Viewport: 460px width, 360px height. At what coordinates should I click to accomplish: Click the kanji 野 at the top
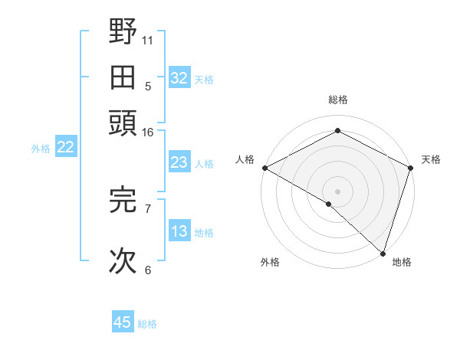(123, 33)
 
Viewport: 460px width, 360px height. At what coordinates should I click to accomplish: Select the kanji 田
(123, 77)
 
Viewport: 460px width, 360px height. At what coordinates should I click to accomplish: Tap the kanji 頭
(123, 122)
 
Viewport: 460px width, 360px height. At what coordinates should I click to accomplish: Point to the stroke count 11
(148, 40)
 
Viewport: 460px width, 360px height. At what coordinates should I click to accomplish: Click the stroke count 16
(148, 133)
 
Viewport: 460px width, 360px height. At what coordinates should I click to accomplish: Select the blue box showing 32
(179, 78)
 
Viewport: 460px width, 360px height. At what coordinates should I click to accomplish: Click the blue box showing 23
(179, 162)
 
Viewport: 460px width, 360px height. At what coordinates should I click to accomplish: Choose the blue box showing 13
(179, 231)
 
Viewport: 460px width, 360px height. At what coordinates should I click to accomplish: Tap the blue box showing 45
(123, 322)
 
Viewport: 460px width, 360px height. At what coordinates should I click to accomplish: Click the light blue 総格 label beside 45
(147, 324)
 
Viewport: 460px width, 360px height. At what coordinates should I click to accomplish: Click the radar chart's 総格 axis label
(337, 100)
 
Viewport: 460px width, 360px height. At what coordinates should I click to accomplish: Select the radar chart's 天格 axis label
(431, 159)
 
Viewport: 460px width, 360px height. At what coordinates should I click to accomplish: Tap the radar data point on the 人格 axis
(264, 168)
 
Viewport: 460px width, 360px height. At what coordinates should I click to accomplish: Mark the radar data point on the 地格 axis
(383, 253)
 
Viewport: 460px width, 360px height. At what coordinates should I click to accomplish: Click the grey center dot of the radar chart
(337, 191)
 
